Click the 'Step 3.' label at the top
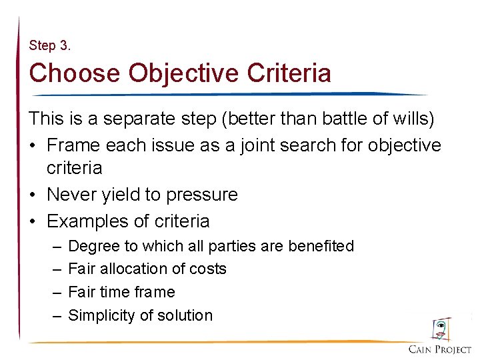(49, 46)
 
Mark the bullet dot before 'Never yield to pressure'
(33, 195)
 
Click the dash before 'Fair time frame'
(57, 292)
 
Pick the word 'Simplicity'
(103, 315)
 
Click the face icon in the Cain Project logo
(441, 329)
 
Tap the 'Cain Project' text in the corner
(440, 349)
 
